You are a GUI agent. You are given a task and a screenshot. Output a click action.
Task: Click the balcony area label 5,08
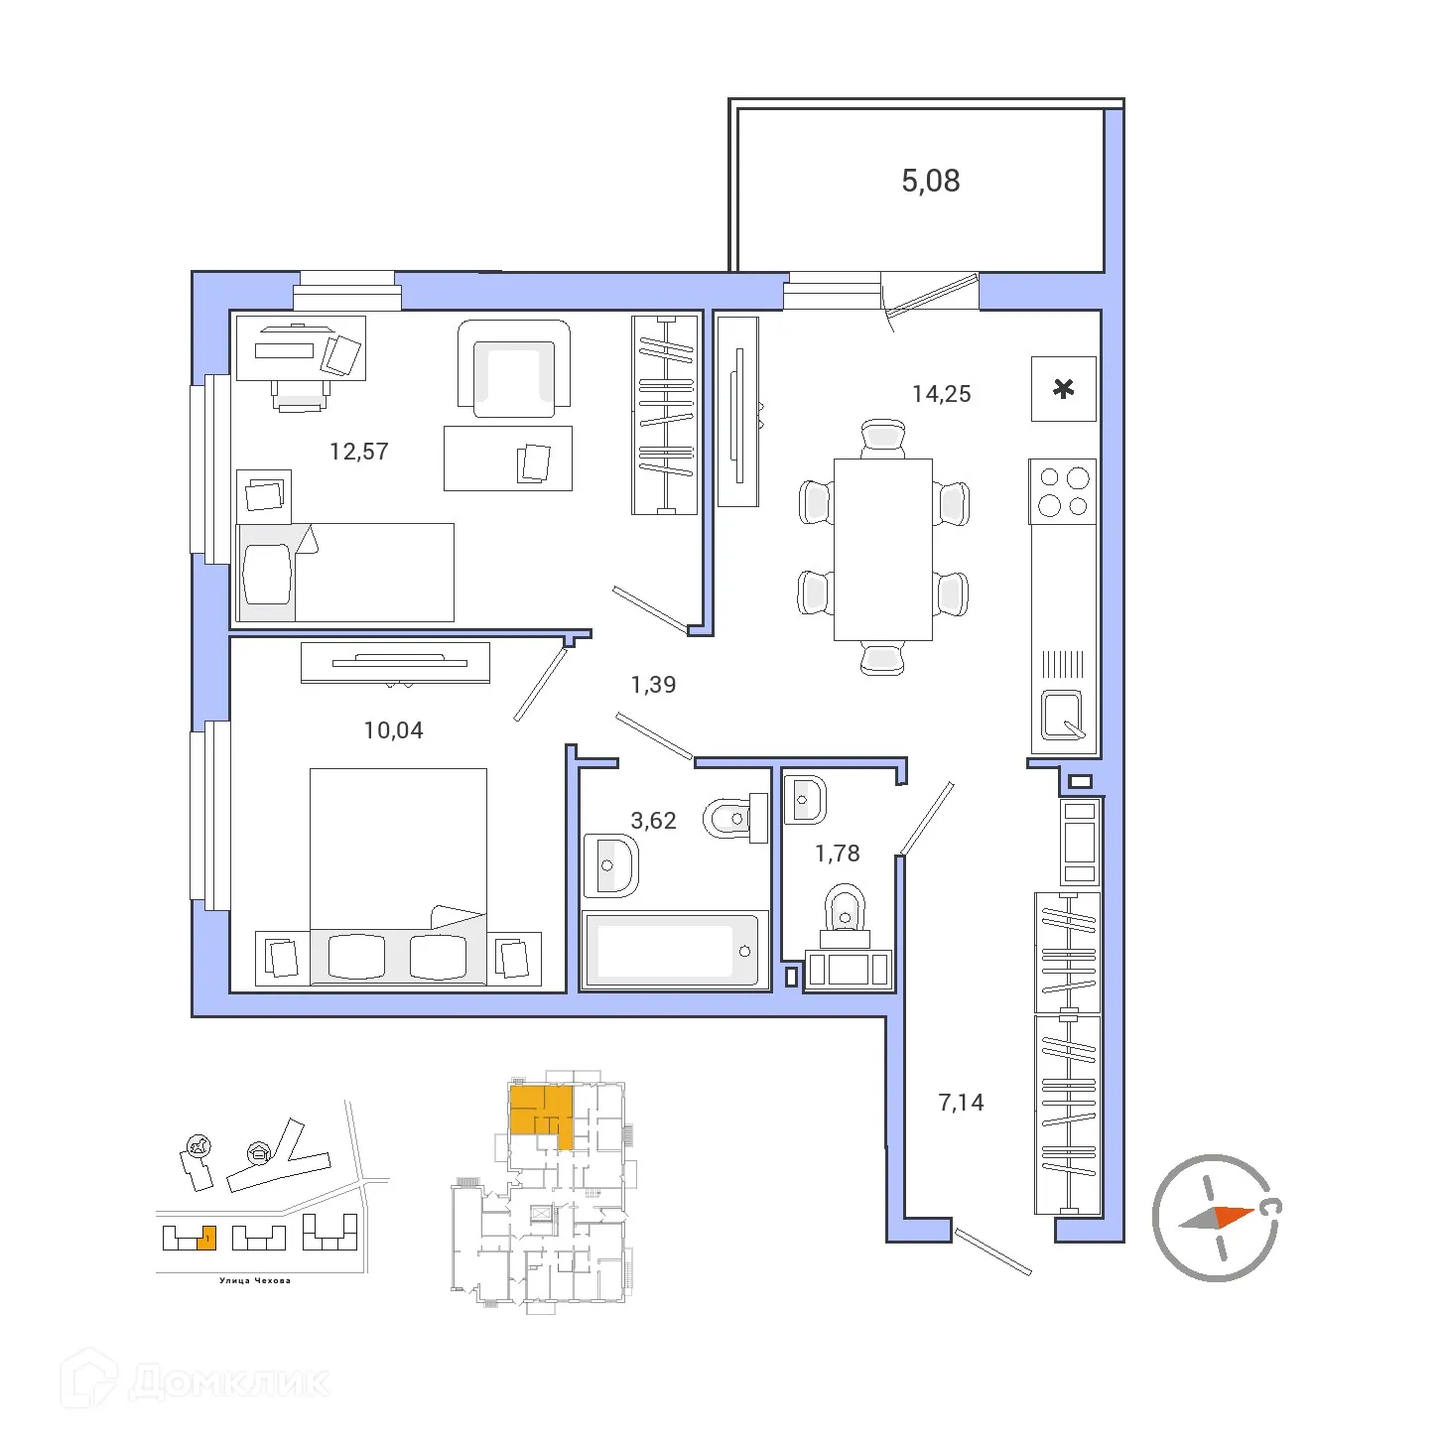(930, 181)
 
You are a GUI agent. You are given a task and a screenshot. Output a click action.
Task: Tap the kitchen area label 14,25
(941, 394)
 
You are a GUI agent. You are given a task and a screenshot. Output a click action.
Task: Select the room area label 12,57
(358, 452)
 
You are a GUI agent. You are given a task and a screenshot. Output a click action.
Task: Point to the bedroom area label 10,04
(393, 730)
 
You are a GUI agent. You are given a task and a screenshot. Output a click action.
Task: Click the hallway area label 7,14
(961, 1103)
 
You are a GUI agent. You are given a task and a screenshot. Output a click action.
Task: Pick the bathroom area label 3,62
(653, 821)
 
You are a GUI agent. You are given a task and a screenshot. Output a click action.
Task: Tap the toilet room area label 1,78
(837, 854)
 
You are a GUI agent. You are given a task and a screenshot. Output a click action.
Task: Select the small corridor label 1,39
(653, 685)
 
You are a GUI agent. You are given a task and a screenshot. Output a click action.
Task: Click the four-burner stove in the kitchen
(1063, 492)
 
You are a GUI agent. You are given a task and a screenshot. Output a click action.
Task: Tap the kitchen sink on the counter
(1062, 715)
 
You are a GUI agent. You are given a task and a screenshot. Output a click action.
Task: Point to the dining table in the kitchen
(882, 549)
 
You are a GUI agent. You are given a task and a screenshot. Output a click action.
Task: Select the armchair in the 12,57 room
(513, 368)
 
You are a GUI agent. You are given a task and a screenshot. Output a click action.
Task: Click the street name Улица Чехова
(255, 1280)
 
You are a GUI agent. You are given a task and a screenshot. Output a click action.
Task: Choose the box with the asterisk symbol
(1063, 389)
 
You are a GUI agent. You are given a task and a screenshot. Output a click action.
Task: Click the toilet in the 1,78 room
(845, 910)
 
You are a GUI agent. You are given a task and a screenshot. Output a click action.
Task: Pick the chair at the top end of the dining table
(882, 437)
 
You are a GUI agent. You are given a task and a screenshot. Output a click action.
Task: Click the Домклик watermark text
(228, 1382)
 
